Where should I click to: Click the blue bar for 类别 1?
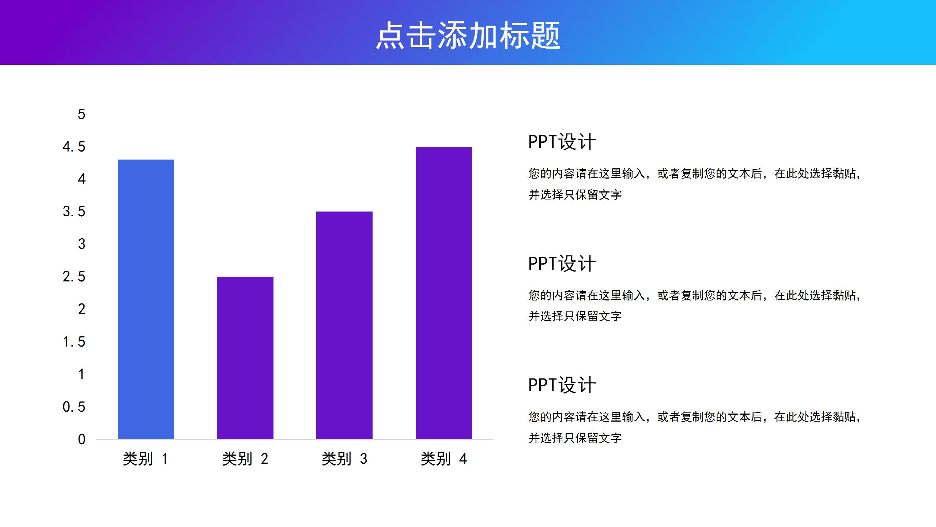(x=146, y=299)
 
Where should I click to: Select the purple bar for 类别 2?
(x=245, y=358)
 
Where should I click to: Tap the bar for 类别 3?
(x=344, y=325)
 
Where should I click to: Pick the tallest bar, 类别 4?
(x=444, y=293)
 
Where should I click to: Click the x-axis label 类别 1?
(x=146, y=459)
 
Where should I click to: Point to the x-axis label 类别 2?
(x=245, y=459)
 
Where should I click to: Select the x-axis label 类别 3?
(x=344, y=459)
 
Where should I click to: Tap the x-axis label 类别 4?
(x=444, y=459)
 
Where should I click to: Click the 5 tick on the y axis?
(x=81, y=114)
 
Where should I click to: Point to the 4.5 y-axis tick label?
(x=74, y=147)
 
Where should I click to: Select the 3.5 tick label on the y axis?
(x=74, y=212)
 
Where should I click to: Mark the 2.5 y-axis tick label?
(x=74, y=277)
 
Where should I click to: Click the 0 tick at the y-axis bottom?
(x=81, y=439)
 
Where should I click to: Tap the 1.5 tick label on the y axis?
(x=74, y=342)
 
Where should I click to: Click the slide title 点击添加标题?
(x=468, y=35)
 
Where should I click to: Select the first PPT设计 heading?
(x=562, y=142)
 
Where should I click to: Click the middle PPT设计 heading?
(x=562, y=263)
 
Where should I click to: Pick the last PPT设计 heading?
(x=562, y=385)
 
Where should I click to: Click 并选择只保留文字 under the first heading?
(x=575, y=195)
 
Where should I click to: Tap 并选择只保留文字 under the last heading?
(x=575, y=438)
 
